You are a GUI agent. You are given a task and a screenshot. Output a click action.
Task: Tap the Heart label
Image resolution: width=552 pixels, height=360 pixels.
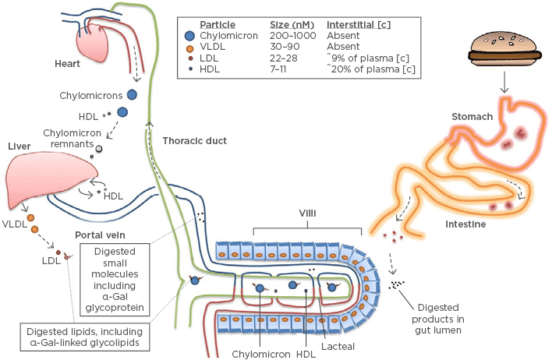click(x=69, y=63)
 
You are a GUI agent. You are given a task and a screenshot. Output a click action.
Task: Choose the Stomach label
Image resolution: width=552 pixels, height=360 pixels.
click(x=472, y=117)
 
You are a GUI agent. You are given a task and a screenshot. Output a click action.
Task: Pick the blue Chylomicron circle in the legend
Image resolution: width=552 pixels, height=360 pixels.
click(x=191, y=35)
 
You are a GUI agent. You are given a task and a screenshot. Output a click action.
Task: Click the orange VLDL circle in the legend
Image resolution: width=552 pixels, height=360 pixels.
click(x=191, y=46)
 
